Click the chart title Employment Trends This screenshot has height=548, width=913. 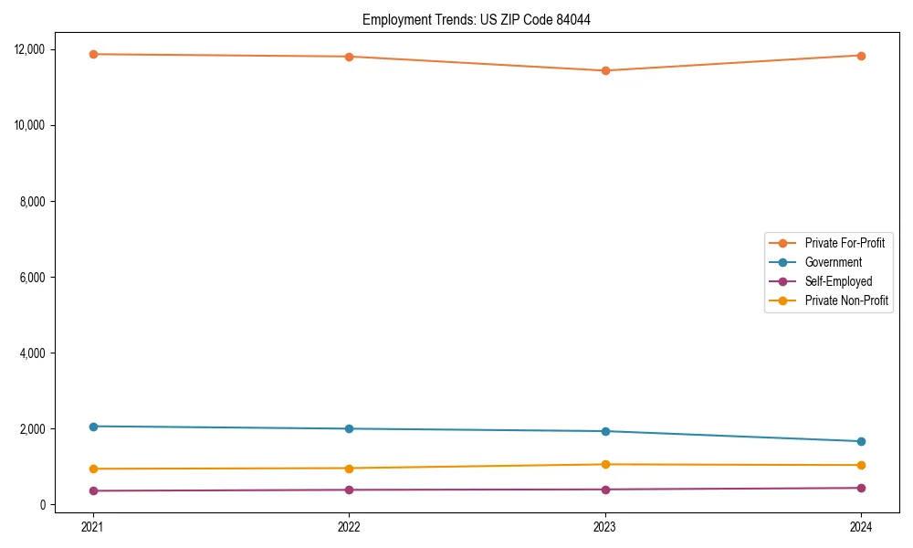coord(476,19)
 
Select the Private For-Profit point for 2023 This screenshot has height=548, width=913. coord(605,70)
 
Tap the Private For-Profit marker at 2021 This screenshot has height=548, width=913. coord(93,54)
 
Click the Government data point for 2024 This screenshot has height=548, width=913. coord(861,441)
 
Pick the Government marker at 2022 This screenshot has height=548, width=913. coord(349,428)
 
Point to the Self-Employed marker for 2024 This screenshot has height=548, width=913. coord(861,488)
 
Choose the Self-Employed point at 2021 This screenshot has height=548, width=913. coord(93,490)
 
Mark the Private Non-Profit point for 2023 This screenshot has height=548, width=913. coord(605,464)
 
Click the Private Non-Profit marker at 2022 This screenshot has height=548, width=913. coord(349,469)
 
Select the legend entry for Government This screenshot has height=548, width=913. coord(833,262)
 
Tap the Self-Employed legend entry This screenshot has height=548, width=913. coord(838,281)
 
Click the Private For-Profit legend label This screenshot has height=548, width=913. coord(844,243)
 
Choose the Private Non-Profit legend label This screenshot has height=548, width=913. coord(846,300)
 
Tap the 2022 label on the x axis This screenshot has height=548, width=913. coord(349,526)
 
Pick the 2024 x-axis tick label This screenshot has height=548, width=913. coord(861,526)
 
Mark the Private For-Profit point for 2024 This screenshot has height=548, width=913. coord(861,56)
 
